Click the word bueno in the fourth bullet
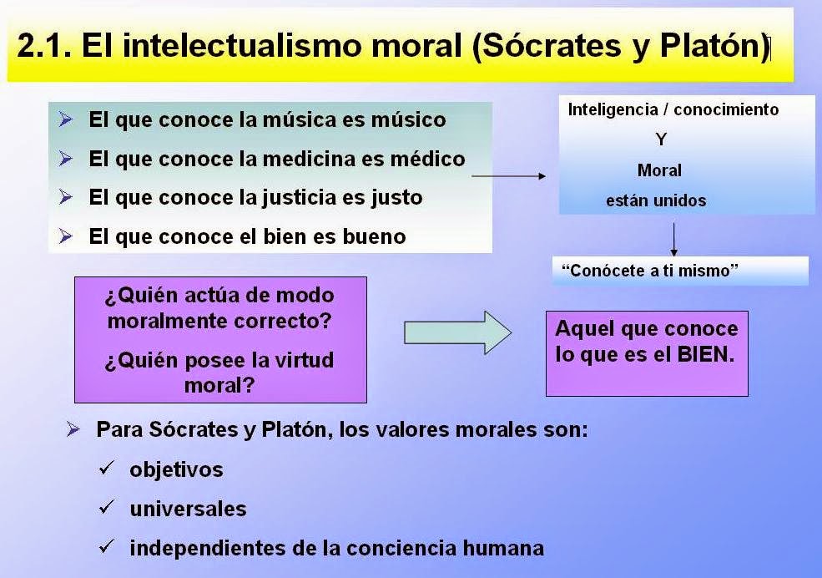tap(374, 237)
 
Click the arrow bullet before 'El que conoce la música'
tap(67, 119)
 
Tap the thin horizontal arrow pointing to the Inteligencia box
tap(508, 176)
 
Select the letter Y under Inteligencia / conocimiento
tap(662, 140)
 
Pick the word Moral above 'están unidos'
tap(659, 170)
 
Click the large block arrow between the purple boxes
tap(456, 332)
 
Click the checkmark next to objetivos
tap(106, 469)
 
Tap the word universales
tap(188, 509)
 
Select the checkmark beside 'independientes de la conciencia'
tap(106, 547)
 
